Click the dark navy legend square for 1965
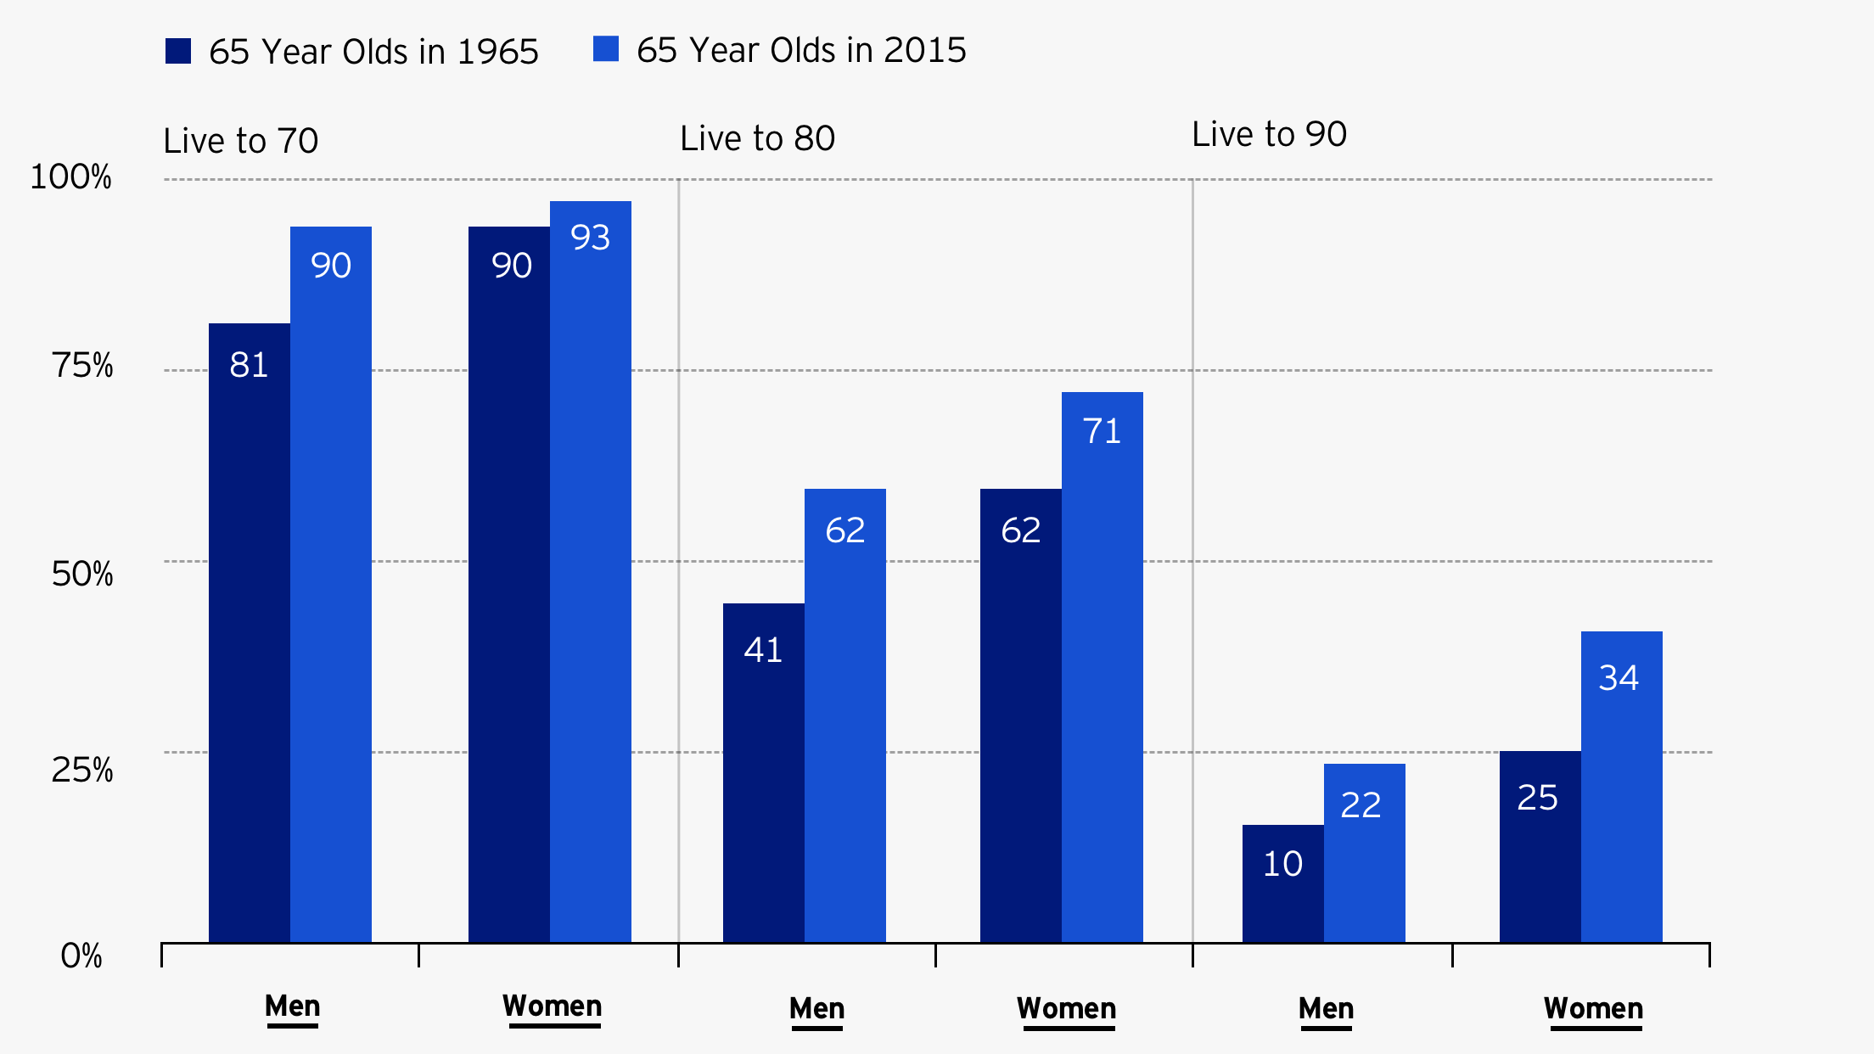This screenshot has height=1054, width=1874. pyautogui.click(x=178, y=51)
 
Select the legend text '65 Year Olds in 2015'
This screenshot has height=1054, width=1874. pyautogui.click(x=800, y=51)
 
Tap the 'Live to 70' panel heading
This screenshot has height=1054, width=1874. pyautogui.click(x=240, y=141)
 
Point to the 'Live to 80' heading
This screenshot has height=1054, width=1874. pyautogui.click(x=757, y=138)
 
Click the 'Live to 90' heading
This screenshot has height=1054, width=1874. pyautogui.click(x=1269, y=134)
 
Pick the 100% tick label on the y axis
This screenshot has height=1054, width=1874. pyautogui.click(x=70, y=177)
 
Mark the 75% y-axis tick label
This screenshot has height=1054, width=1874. pyautogui.click(x=81, y=366)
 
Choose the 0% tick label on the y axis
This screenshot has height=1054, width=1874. pyautogui.click(x=81, y=956)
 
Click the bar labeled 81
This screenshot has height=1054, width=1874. pyautogui.click(x=250, y=632)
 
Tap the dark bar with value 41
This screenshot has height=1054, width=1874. pyautogui.click(x=764, y=772)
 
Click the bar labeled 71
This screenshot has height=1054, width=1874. pyautogui.click(x=1102, y=666)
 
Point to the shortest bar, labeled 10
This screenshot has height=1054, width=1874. pyautogui.click(x=1282, y=883)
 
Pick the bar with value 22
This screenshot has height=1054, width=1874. pyautogui.click(x=1364, y=853)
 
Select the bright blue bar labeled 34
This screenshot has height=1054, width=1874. pyautogui.click(x=1621, y=786)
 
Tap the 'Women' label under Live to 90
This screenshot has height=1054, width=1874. pyautogui.click(x=1593, y=1008)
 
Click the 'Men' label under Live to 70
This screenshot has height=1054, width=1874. pyautogui.click(x=292, y=1006)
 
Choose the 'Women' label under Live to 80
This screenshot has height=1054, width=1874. pyautogui.click(x=1066, y=1008)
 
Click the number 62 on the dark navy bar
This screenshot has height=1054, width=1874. pyautogui.click(x=1020, y=530)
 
